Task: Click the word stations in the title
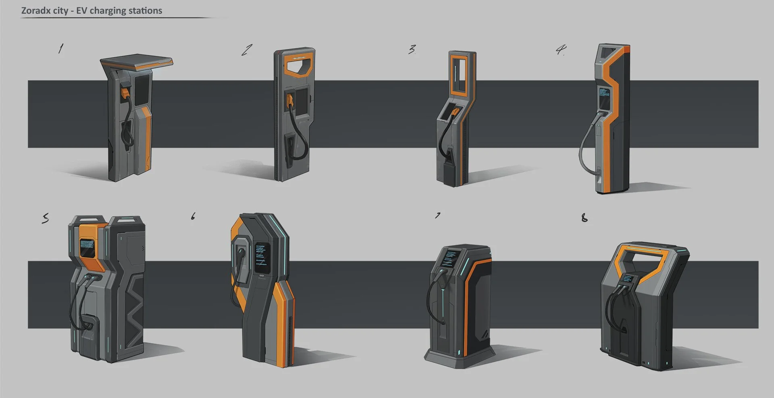(145, 11)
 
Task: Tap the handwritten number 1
(60, 49)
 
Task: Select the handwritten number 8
(584, 218)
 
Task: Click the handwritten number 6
(193, 217)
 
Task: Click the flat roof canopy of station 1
(137, 61)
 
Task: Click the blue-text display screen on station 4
(603, 97)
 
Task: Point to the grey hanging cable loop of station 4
(583, 153)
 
